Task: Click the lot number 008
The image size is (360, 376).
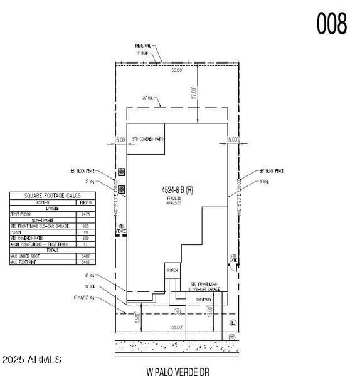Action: point(331,24)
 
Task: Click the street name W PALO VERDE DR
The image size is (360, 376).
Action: point(177,372)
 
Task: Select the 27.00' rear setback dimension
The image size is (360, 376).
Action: point(194,93)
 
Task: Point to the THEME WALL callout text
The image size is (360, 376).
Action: point(144,46)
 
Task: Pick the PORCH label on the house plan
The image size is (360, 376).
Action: point(172,269)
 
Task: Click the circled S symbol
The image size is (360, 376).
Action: point(177,311)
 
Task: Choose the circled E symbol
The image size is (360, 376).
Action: point(233,323)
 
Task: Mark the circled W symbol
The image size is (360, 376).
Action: point(232,337)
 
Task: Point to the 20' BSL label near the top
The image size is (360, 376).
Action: point(148,98)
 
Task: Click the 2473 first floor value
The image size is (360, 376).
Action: point(87,214)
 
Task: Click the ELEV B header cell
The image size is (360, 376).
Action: point(85,202)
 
